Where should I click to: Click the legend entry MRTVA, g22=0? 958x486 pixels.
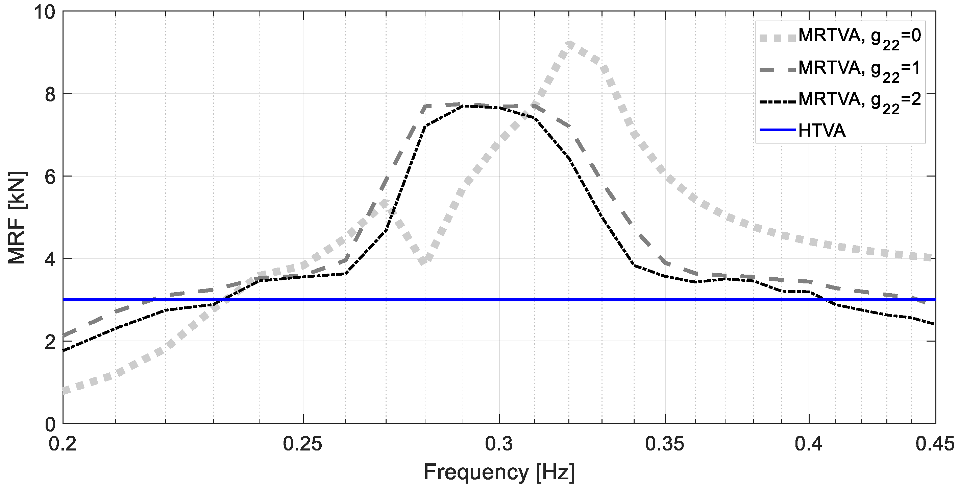859,37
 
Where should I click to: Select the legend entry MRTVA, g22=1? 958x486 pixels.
859,69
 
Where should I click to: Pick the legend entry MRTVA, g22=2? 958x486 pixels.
859,101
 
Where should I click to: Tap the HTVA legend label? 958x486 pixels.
822,131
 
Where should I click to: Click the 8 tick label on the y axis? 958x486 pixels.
49,94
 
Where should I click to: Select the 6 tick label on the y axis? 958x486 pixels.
49,177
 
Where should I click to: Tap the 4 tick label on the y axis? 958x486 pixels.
49,259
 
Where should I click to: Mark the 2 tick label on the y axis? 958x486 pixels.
49,341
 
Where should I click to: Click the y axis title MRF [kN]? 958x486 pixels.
17,218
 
